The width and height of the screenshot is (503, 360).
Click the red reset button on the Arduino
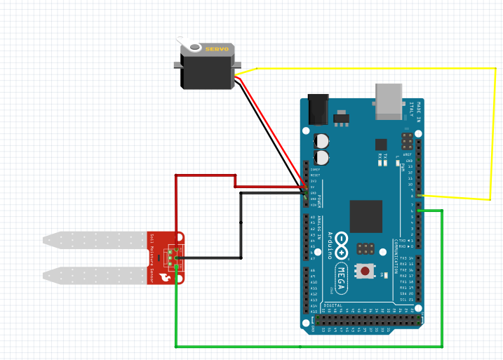point(365,270)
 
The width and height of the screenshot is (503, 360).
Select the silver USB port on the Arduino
point(391,100)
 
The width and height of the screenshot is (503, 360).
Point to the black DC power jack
point(319,109)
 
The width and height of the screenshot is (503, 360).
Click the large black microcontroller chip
point(365,216)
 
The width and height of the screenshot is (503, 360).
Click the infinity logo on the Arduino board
point(342,242)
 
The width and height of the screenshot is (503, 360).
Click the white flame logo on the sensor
point(166,276)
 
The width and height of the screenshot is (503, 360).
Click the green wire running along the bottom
point(302,346)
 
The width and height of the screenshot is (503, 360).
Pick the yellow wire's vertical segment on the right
point(494,133)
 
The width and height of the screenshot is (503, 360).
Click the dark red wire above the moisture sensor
point(203,175)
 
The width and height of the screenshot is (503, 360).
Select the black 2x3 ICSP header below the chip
point(364,248)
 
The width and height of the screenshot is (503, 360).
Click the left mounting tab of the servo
point(177,65)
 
